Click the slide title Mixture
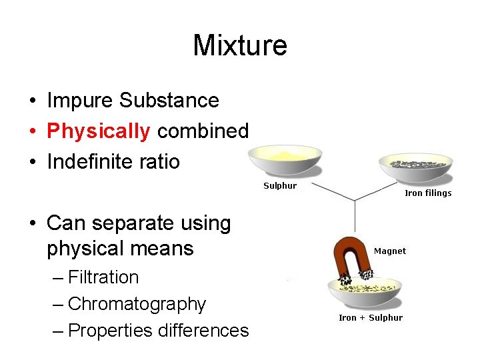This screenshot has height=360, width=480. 240,45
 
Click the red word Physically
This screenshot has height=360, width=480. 99,131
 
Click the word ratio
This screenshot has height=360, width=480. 160,161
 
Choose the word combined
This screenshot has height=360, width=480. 203,131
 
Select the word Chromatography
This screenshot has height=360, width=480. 137,304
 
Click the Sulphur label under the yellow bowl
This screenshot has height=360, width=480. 280,186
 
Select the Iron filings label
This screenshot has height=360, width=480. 428,193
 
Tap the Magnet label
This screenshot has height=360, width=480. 390,251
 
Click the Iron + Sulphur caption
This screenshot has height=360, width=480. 371,318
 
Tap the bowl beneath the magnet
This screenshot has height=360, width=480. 365,293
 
